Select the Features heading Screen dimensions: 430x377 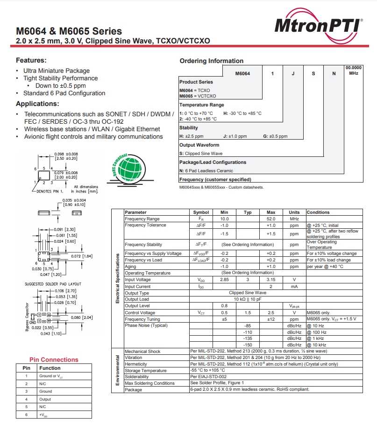31,60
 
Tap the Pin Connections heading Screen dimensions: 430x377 54,360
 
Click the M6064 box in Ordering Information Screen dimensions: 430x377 242,73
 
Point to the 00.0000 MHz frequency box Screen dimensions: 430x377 353,70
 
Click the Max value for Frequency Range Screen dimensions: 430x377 271,219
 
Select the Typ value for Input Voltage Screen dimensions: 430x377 248,280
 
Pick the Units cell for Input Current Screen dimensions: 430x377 294,286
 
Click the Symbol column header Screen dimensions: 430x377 201,212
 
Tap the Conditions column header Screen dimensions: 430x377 318,212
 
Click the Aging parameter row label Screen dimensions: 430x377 131,267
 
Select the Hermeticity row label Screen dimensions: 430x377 136,364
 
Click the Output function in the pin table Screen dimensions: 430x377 45,399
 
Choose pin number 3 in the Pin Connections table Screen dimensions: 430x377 27,391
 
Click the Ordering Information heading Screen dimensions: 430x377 211,61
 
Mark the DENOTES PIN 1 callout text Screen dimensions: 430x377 50,191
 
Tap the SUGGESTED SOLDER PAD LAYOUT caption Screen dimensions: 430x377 53,284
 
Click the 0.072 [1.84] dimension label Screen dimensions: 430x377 82,256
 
